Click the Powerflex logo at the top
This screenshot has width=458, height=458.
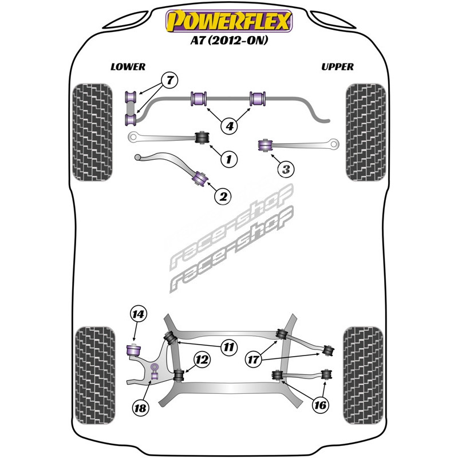[229, 21]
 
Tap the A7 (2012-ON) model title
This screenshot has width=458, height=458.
[229, 40]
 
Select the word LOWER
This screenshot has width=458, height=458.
[128, 67]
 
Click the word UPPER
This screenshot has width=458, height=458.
[337, 67]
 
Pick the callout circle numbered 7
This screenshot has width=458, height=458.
[170, 80]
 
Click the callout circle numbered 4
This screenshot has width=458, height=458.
[230, 126]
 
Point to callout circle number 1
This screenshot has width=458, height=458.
[228, 159]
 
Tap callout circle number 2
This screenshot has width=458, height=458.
[223, 196]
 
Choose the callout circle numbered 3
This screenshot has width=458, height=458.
[285, 169]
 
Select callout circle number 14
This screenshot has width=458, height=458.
[138, 314]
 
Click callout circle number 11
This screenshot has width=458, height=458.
[228, 347]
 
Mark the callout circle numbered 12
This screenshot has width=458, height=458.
[202, 360]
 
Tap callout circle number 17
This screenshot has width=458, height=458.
[254, 359]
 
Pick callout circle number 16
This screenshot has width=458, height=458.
[320, 405]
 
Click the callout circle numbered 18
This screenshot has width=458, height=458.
[140, 408]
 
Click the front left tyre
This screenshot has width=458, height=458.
[92, 132]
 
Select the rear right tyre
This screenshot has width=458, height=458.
[363, 375]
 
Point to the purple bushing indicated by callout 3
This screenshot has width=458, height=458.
[266, 145]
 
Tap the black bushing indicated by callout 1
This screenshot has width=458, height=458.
[202, 137]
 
